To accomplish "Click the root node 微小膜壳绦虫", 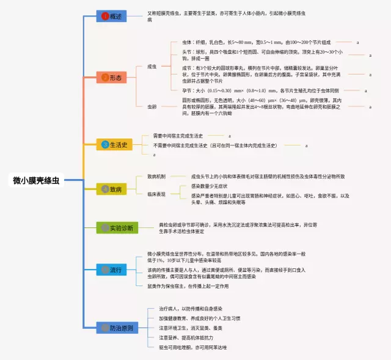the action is (36, 180).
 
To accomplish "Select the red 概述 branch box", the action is (111, 16).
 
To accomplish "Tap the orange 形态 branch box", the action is (111, 78).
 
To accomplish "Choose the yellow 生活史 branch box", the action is (114, 145).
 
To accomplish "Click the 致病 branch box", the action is (111, 189).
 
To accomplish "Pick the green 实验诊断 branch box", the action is (119, 228).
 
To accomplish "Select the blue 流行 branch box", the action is (111, 270).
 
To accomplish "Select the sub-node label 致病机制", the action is (156, 176).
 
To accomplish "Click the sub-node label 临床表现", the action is (156, 194).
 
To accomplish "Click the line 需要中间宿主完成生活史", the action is (186, 136).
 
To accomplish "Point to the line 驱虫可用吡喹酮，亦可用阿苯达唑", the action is (193, 347).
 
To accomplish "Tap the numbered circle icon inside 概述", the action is (104, 16).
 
